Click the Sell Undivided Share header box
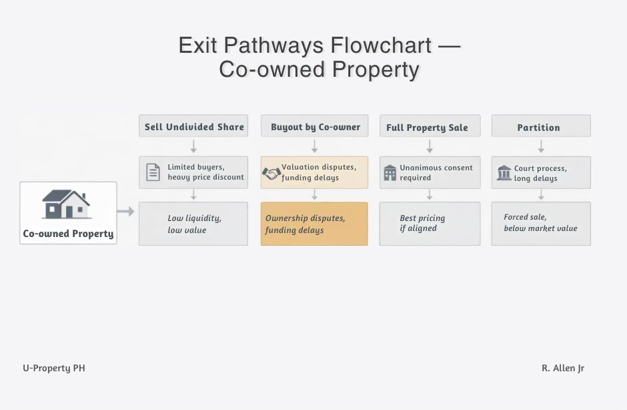coord(193,126)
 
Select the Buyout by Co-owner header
coord(315,126)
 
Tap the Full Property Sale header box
coord(430,127)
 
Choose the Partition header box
coord(540,127)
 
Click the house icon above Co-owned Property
coord(66,204)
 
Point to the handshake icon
coord(271,174)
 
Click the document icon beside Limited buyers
coord(153,173)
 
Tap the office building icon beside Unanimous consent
coord(390,173)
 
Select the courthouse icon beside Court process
coord(504,174)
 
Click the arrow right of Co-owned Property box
coord(126,212)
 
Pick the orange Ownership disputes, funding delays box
coord(314,224)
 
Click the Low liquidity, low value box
coord(193,224)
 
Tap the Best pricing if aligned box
coord(430,224)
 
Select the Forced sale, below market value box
coord(541,224)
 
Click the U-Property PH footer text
coord(54,368)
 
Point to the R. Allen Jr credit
coord(563,368)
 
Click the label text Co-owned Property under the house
coord(68,234)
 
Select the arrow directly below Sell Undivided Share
coord(193,146)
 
